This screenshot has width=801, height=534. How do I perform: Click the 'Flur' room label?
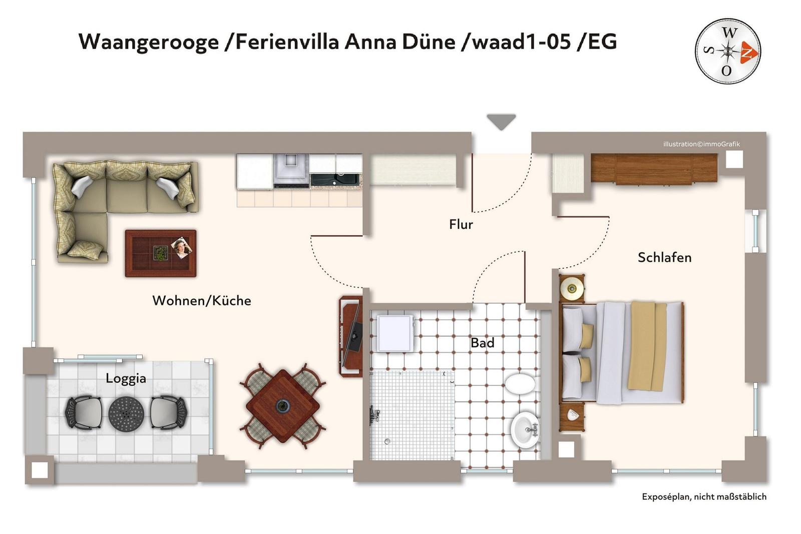point(461,225)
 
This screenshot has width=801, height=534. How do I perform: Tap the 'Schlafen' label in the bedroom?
point(664,257)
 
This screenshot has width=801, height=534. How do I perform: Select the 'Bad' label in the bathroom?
point(483,343)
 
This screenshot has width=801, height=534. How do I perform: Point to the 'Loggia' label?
point(126,379)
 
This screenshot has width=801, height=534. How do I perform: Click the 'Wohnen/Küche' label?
point(202,301)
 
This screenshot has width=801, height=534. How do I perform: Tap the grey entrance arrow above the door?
point(501,122)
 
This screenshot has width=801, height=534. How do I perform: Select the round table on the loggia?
point(126,413)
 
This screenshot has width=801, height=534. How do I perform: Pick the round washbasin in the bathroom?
point(525,430)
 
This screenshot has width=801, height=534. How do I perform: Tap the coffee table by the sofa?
point(161,253)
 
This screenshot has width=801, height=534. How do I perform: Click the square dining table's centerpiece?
point(282,405)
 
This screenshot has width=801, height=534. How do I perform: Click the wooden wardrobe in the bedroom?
point(654,169)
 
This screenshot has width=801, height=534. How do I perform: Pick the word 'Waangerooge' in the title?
point(148,42)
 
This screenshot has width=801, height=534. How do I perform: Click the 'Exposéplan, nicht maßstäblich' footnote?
point(704,497)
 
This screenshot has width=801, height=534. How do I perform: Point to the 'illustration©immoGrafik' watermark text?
point(701,144)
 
